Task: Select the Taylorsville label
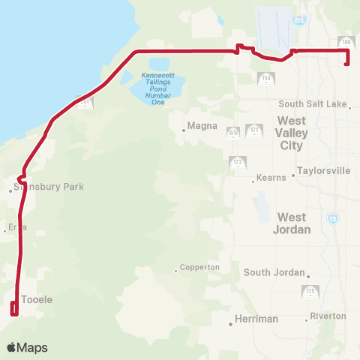coord(324,171)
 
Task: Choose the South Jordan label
coord(273,272)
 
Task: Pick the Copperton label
coord(200,267)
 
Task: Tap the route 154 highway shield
coord(265,79)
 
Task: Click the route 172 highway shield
coord(237,162)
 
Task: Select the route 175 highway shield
coord(310,291)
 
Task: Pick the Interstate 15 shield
coord(333,219)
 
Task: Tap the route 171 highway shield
coord(255,131)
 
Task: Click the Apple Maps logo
coord(28,348)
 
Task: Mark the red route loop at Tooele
coord(13,308)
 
